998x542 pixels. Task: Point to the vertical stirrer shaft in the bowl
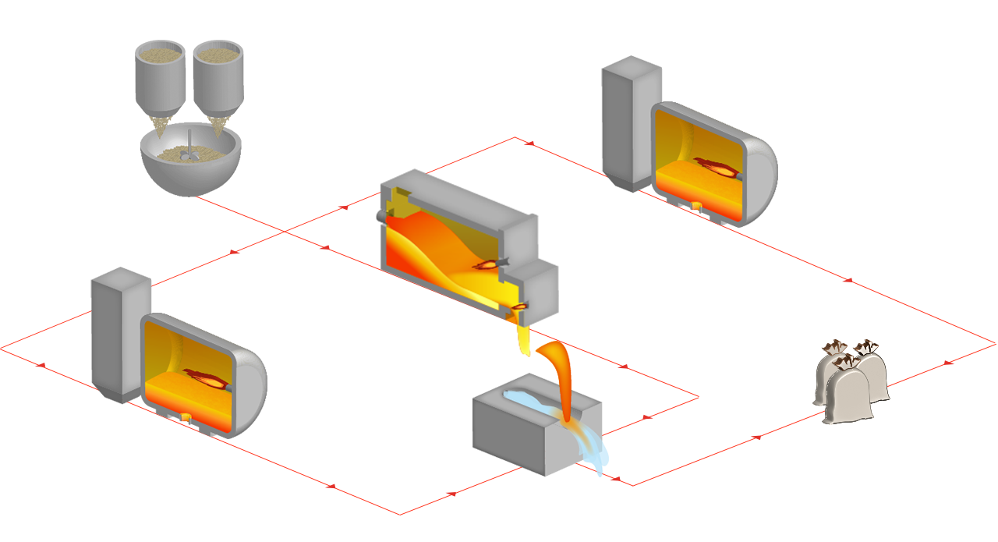[x=190, y=140]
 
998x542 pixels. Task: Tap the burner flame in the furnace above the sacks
[x=717, y=165]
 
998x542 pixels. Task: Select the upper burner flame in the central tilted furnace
[x=488, y=264]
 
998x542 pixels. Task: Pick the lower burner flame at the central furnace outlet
[x=518, y=306]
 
